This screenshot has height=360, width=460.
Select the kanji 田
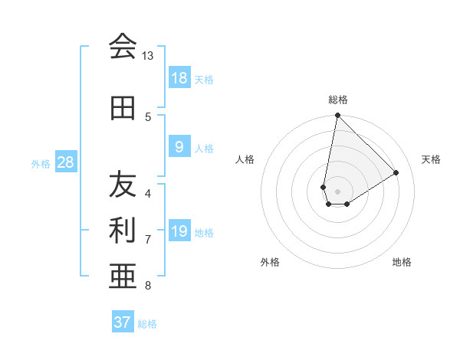(x=123, y=108)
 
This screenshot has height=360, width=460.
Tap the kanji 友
(x=123, y=184)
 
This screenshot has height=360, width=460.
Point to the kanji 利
(x=123, y=229)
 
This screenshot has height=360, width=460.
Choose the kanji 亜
(x=123, y=275)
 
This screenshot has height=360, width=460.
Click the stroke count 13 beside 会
(x=148, y=56)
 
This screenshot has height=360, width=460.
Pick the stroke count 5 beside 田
(x=148, y=116)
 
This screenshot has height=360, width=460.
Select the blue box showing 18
(x=179, y=78)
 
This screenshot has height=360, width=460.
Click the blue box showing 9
(x=179, y=147)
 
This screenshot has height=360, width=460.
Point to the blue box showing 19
(x=179, y=231)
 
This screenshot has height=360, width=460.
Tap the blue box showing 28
(x=65, y=162)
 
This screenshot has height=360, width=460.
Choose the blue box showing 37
(x=123, y=322)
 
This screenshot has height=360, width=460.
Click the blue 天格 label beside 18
(x=204, y=79)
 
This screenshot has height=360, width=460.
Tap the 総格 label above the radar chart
(x=338, y=100)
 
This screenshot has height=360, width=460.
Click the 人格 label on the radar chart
(x=245, y=159)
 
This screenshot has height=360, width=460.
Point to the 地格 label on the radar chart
(x=402, y=262)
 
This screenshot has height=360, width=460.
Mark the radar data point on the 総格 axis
(x=337, y=116)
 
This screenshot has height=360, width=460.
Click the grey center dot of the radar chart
(x=338, y=191)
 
